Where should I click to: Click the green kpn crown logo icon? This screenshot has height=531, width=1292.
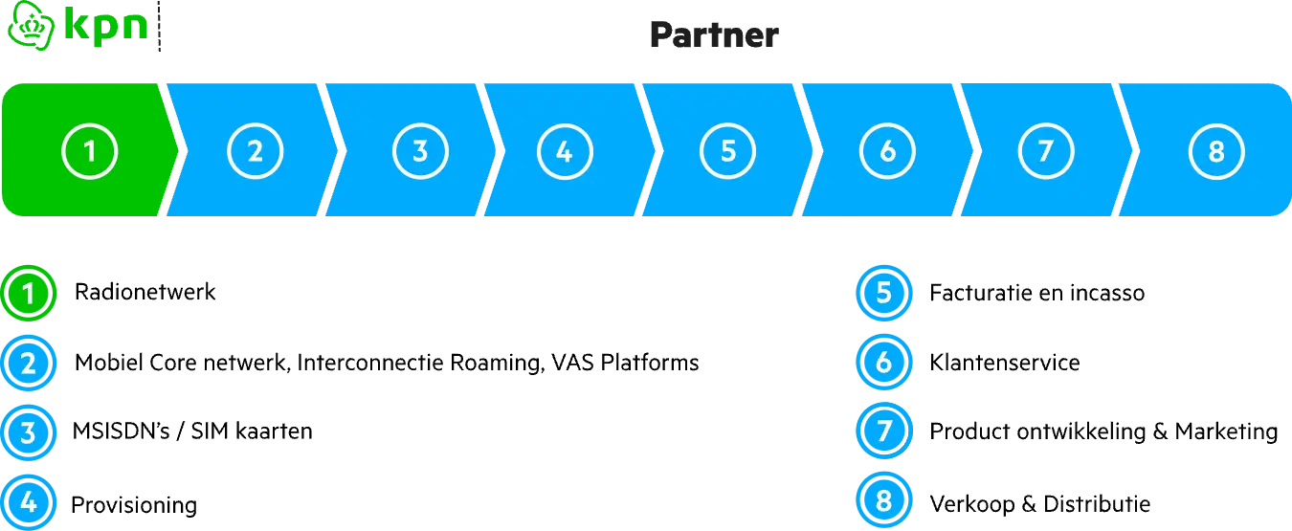pyautogui.click(x=28, y=25)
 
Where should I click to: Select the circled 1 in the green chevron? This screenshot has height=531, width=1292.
pyautogui.click(x=90, y=151)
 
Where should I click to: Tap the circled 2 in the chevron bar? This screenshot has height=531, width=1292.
pyautogui.click(x=255, y=151)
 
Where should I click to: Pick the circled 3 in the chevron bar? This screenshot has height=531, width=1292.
pyautogui.click(x=420, y=151)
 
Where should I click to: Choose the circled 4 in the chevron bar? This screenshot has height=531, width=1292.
pyautogui.click(x=565, y=151)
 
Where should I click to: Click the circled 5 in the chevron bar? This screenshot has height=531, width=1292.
pyautogui.click(x=727, y=151)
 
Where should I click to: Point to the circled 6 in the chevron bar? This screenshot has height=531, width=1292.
pyautogui.click(x=887, y=151)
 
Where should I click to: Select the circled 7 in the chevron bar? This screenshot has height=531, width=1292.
pyautogui.click(x=1046, y=151)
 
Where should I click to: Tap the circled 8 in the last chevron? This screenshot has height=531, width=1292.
pyautogui.click(x=1216, y=151)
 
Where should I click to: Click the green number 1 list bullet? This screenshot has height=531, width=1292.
pyautogui.click(x=29, y=294)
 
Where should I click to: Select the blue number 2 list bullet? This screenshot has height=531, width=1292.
pyautogui.click(x=29, y=364)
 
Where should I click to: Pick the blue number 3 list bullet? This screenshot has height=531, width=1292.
pyautogui.click(x=29, y=432)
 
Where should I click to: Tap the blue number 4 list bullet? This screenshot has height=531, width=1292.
pyautogui.click(x=29, y=501)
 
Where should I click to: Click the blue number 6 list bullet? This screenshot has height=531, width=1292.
pyautogui.click(x=883, y=363)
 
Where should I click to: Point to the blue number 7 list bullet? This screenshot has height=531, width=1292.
pyautogui.click(x=883, y=431)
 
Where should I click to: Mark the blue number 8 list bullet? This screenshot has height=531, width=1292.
pyautogui.click(x=883, y=500)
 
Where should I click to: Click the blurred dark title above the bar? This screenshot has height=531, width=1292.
pyautogui.click(x=715, y=34)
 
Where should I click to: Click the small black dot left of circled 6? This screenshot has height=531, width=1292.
pyautogui.click(x=815, y=143)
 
